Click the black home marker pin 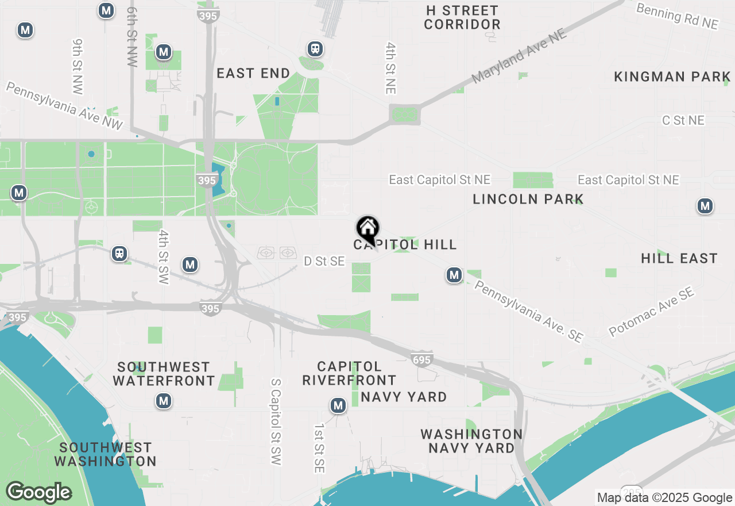click(x=367, y=229)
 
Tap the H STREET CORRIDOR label click(x=462, y=18)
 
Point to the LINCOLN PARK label click(x=528, y=200)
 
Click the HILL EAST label click(x=679, y=259)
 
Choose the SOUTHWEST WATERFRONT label click(x=164, y=374)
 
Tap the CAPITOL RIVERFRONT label click(x=349, y=373)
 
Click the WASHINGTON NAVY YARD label click(x=471, y=441)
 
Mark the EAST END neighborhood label click(x=253, y=74)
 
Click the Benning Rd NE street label click(x=678, y=16)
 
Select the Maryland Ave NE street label click(x=519, y=56)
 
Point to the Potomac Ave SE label click(x=652, y=312)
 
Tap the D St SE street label click(x=324, y=262)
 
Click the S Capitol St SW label click(x=276, y=421)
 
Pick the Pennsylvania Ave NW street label click(x=64, y=105)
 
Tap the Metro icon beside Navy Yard click(x=338, y=406)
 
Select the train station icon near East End click(x=315, y=49)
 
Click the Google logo click(x=39, y=492)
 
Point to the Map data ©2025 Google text click(x=664, y=498)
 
